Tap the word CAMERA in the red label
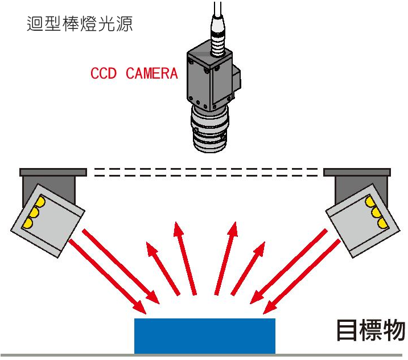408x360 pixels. (x=152, y=73)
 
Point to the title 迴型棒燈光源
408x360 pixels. (x=80, y=24)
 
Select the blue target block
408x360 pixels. (x=204, y=336)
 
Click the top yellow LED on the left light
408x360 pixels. (x=40, y=202)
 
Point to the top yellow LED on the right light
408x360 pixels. (x=369, y=202)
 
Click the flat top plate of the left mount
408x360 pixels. (x=53, y=172)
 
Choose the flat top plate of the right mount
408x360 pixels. (x=357, y=172)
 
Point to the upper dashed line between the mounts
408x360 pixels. (x=205, y=169)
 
